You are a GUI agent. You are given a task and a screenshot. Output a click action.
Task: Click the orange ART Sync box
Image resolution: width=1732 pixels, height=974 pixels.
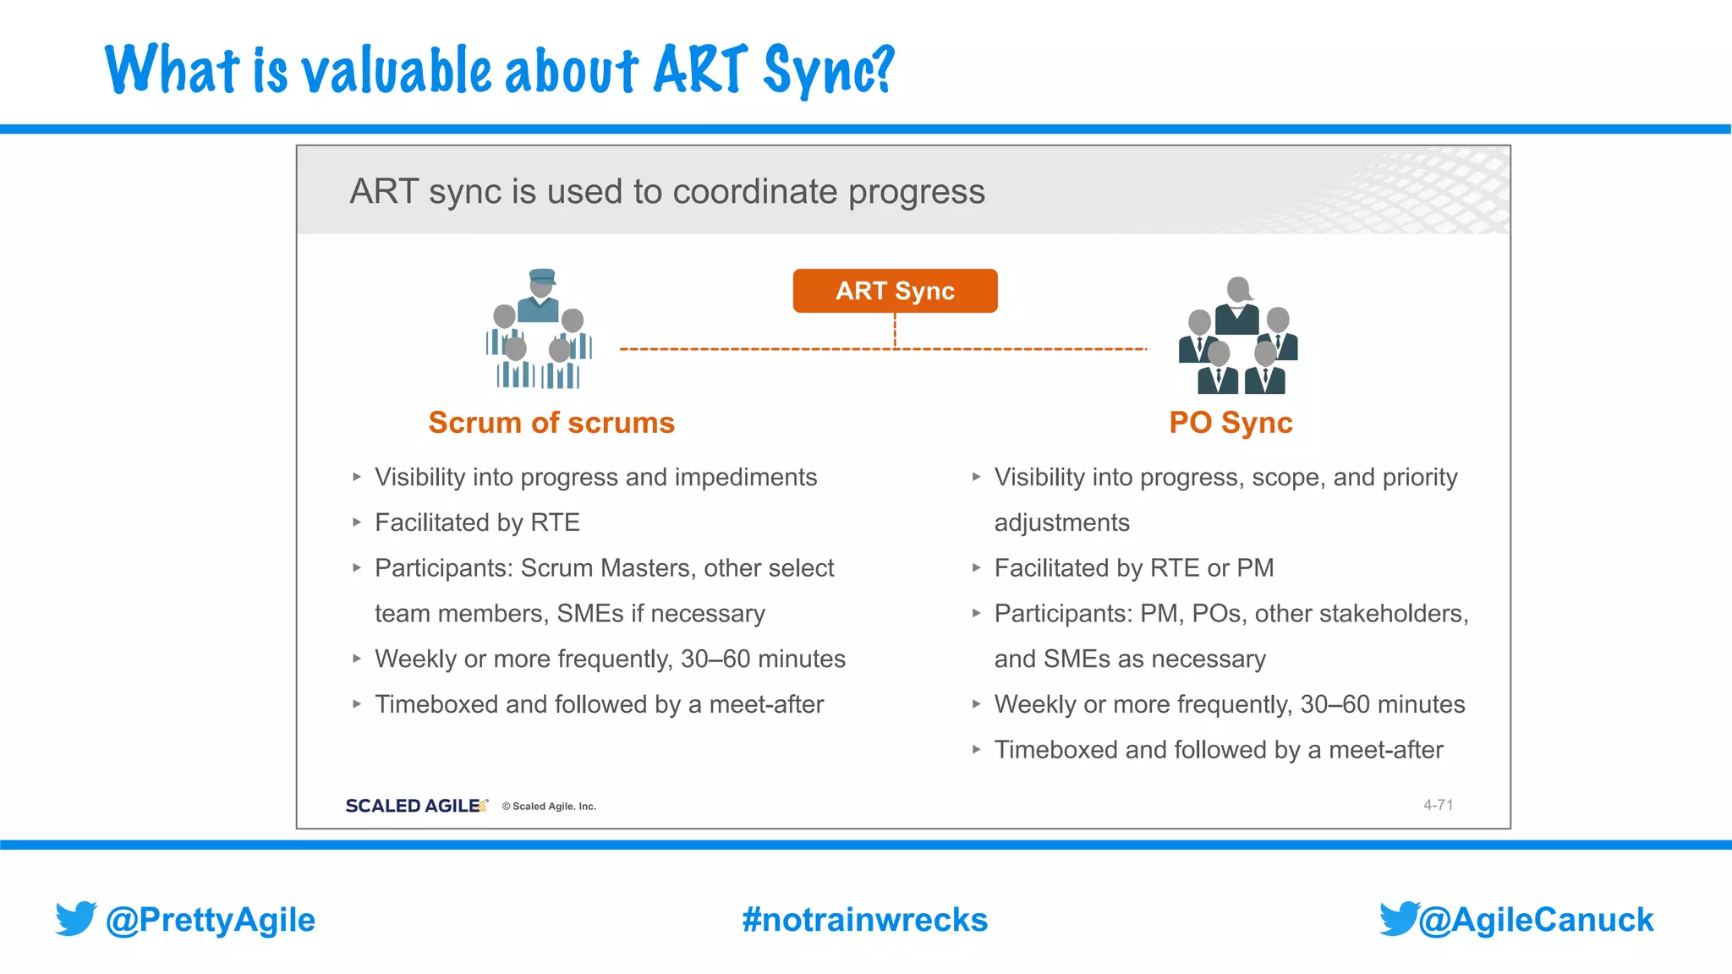(895, 291)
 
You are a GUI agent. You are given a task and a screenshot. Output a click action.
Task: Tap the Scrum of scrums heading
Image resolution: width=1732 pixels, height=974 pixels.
(551, 423)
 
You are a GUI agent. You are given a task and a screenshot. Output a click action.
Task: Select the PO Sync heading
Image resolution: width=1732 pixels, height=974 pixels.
(1230, 423)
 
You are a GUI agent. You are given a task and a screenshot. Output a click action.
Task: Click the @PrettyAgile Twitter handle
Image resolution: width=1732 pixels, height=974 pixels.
(210, 920)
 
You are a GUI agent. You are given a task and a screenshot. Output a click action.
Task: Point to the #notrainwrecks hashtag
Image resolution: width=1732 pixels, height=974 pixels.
(864, 920)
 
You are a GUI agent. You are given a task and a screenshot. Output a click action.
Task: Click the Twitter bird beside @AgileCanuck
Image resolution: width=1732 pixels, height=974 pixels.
(1398, 918)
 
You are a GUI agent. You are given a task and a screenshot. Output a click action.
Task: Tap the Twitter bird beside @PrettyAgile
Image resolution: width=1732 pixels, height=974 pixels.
(76, 918)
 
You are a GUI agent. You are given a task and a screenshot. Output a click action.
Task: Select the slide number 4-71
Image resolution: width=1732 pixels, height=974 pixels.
(1438, 805)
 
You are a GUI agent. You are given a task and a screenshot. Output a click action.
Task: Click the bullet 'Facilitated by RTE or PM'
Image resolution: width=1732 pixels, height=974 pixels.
(1133, 568)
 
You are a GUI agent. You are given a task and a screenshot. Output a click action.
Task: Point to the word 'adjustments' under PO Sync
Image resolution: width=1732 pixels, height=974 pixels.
(1061, 523)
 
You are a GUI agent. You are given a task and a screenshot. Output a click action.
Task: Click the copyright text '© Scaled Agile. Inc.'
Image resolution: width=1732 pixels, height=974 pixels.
(549, 807)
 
